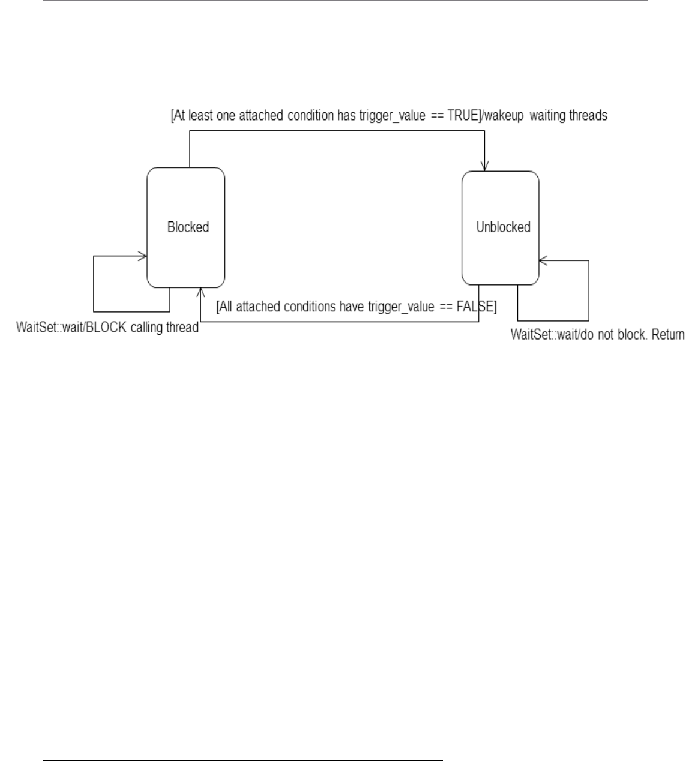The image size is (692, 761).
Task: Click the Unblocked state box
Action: [x=500, y=258]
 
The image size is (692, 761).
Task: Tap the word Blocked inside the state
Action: [x=188, y=227]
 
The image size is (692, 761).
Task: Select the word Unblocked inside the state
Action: [x=503, y=227]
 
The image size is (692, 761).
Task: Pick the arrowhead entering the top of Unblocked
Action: [x=484, y=166]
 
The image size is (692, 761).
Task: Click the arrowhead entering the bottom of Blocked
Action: [x=200, y=292]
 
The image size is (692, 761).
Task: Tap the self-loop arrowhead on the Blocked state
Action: [x=143, y=256]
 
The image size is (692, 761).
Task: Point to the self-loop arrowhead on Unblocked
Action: [x=543, y=260]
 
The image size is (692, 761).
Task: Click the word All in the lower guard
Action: [x=226, y=307]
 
